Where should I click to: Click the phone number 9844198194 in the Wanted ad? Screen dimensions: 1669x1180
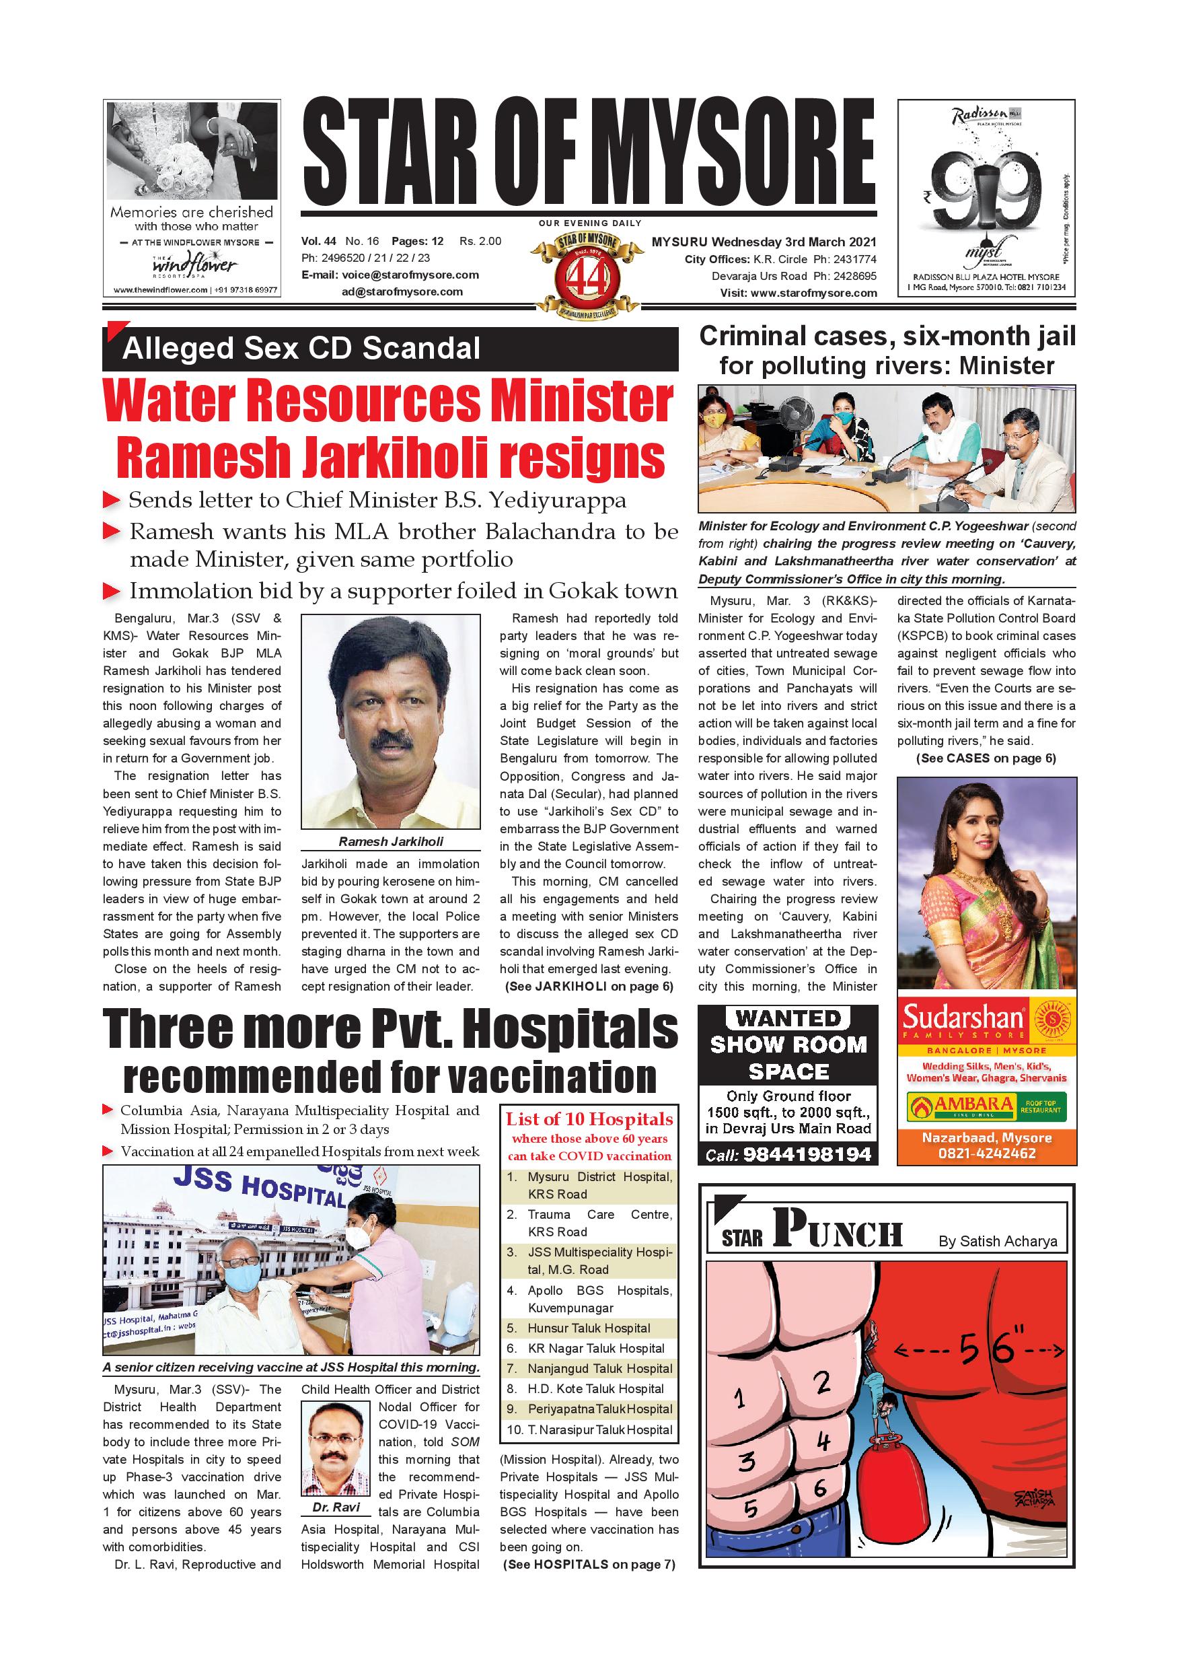[807, 1154]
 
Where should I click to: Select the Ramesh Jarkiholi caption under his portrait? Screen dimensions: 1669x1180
[390, 841]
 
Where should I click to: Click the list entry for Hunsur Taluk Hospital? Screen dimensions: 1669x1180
[589, 1328]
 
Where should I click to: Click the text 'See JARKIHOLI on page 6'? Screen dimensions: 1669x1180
[589, 987]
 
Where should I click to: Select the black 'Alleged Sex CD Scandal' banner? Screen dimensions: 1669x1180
[390, 349]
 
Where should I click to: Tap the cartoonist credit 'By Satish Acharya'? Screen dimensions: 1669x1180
[997, 1241]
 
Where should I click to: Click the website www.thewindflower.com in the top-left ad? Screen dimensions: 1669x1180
[160, 290]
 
